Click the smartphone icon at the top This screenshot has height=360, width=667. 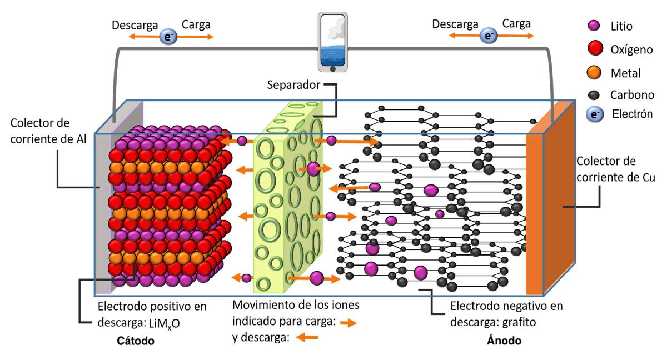coord(333,41)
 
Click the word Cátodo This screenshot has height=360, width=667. coord(136,341)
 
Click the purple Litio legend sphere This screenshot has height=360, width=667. coord(594,26)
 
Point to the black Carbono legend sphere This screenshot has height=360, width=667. coord(594,94)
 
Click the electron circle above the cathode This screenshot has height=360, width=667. coord(167,37)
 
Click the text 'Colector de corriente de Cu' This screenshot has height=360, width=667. coord(615,169)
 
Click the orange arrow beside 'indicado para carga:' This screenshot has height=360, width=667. coord(348,322)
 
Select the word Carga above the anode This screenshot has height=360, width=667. coord(516,24)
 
